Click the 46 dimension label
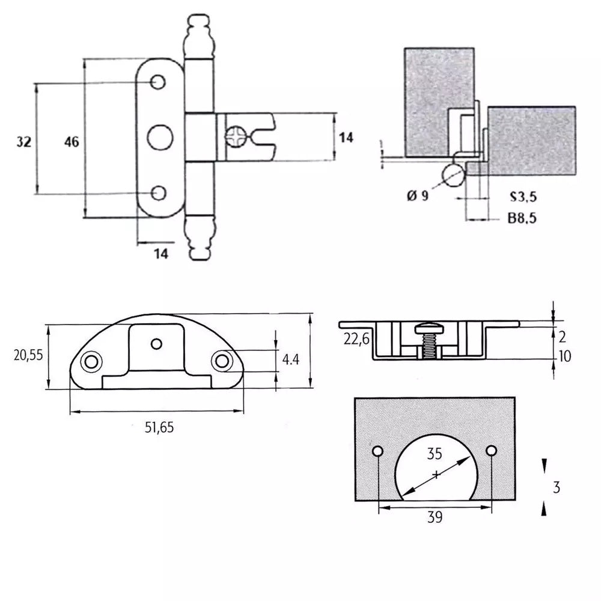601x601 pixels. click(71, 142)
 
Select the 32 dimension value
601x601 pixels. click(23, 142)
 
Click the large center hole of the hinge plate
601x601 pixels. click(159, 136)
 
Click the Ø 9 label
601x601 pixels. click(417, 195)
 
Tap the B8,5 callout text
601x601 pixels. click(522, 219)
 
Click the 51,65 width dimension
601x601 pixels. click(157, 428)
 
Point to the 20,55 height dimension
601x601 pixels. click(28, 355)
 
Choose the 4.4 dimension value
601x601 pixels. click(290, 361)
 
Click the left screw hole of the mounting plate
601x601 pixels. click(91, 361)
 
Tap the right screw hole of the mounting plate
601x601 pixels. click(222, 361)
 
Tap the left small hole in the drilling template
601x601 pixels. click(378, 451)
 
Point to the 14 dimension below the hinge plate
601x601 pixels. click(160, 254)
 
